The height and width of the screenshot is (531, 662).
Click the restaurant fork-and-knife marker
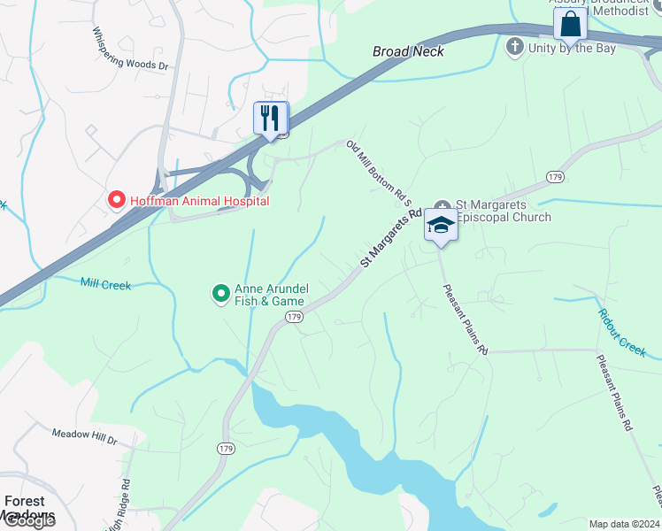270,119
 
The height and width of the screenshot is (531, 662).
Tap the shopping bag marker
570,24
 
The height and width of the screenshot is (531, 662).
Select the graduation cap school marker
441,226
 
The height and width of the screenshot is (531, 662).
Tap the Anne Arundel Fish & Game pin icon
221,293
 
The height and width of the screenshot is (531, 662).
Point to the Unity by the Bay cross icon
515,46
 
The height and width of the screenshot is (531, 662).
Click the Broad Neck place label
408,51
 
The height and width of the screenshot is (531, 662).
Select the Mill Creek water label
105,284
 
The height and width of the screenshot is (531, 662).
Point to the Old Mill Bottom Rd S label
380,173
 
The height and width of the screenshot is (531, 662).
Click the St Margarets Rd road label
390,239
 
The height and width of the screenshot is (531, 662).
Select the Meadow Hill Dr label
84,435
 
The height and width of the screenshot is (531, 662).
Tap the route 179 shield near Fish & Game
295,317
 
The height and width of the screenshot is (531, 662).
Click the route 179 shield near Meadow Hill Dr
225,450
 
